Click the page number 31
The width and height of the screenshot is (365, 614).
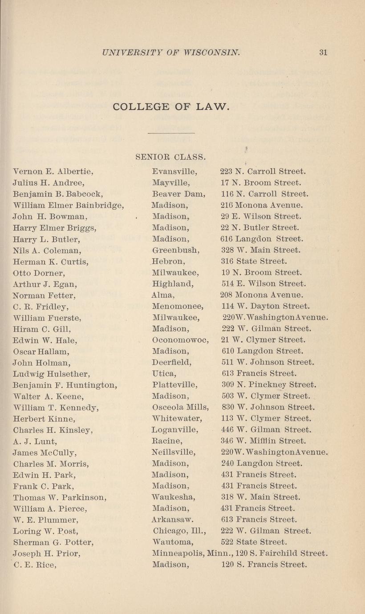(323, 52)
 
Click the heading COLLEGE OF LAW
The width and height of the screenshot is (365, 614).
(171, 107)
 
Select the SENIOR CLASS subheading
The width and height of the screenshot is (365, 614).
(170, 157)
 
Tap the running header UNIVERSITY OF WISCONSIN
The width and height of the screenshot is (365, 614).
(171, 52)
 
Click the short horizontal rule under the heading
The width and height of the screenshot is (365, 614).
(171, 133)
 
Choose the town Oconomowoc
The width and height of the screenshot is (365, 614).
(180, 340)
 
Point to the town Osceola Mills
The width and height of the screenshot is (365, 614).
(180, 407)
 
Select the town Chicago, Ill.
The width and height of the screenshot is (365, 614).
(178, 531)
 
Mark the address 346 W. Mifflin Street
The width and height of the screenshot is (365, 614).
(264, 441)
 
